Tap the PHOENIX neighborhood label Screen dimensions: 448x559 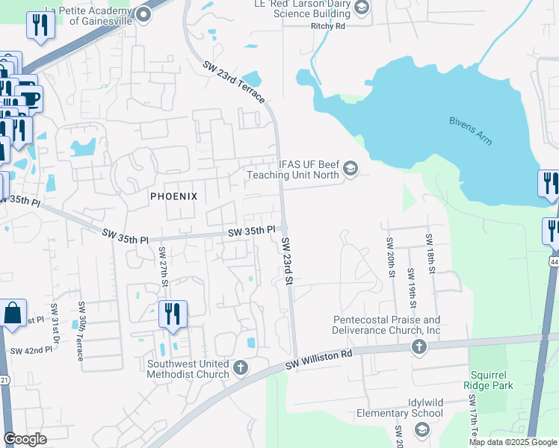click(173, 196)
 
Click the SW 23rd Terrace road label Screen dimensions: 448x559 click(234, 83)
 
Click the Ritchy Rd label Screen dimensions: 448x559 click(328, 26)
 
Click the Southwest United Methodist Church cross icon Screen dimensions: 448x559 click(241, 367)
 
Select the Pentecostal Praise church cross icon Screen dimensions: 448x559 click(419, 347)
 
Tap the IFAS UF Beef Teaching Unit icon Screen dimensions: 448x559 click(350, 170)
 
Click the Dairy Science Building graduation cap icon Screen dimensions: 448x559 click(362, 8)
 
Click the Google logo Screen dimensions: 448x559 click(25, 439)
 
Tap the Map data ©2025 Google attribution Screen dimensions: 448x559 click(512, 442)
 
